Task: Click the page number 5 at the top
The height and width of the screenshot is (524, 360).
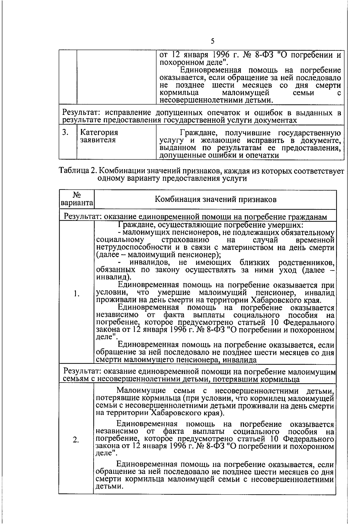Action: coord(212,41)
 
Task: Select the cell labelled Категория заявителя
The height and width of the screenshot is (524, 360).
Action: coord(99,136)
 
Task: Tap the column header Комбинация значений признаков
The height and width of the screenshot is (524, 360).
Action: coord(215,200)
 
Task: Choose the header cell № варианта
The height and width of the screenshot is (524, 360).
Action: coord(76,200)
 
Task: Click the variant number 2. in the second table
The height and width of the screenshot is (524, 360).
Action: coord(76,440)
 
